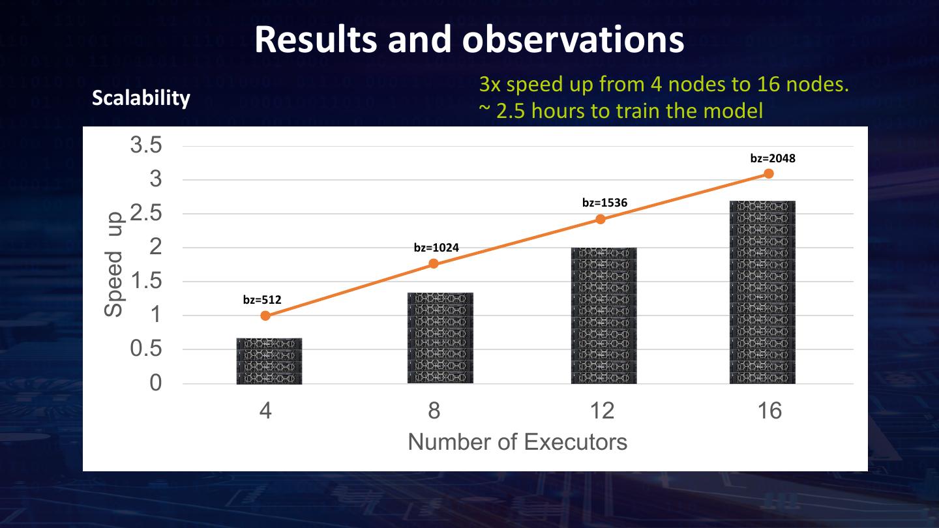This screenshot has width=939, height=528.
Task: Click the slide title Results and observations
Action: tap(469, 39)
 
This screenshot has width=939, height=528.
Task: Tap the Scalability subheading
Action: tap(141, 98)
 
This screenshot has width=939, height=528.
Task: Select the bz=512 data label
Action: tap(261, 300)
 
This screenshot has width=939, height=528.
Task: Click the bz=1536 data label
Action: tap(604, 203)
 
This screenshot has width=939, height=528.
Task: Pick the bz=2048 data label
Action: tap(773, 158)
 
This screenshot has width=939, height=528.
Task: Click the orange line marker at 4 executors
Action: tap(265, 315)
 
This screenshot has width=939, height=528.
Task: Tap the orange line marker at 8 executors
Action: tap(434, 264)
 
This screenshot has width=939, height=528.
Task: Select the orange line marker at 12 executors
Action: tap(601, 219)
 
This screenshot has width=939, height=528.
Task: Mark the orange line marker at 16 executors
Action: tap(769, 173)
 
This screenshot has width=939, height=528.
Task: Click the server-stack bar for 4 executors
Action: tap(269, 360)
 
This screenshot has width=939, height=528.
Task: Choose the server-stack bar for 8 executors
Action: tap(440, 338)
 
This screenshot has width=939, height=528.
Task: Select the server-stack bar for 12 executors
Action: tap(604, 315)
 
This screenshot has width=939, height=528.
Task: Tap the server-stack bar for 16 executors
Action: tap(762, 292)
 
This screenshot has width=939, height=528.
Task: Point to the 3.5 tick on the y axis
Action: tap(146, 145)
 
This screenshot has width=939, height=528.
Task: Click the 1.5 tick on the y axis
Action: tap(146, 282)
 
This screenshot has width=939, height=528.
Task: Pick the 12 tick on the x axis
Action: tap(602, 411)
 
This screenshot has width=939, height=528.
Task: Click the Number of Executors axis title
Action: tap(517, 442)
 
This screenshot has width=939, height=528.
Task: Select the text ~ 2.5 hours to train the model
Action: tap(621, 111)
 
